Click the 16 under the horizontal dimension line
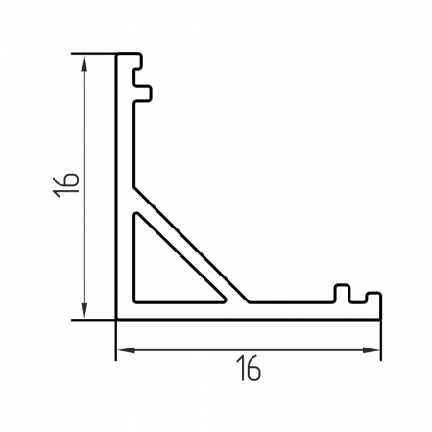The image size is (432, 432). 249,368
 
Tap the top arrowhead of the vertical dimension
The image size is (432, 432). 85,60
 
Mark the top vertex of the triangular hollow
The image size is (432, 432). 136,213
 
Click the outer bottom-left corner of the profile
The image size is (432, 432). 117,317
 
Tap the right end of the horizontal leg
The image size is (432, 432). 380,305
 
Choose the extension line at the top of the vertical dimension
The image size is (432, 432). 96,54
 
